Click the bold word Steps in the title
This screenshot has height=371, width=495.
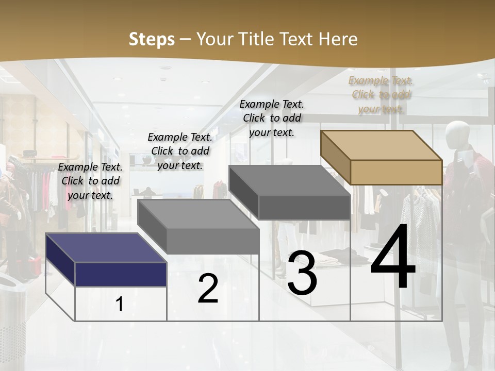[152, 39]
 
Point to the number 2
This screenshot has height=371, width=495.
[208, 289]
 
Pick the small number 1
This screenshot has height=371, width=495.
[120, 304]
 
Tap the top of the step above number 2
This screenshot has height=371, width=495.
[199, 214]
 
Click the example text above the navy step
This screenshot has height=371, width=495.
[90, 181]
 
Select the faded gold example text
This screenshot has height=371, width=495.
[381, 94]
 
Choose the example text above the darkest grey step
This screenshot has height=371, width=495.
[272, 118]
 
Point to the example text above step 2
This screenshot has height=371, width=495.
[180, 151]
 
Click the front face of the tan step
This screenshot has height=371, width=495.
[396, 172]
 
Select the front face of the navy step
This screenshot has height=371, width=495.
[121, 274]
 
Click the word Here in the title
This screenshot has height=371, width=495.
[338, 39]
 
